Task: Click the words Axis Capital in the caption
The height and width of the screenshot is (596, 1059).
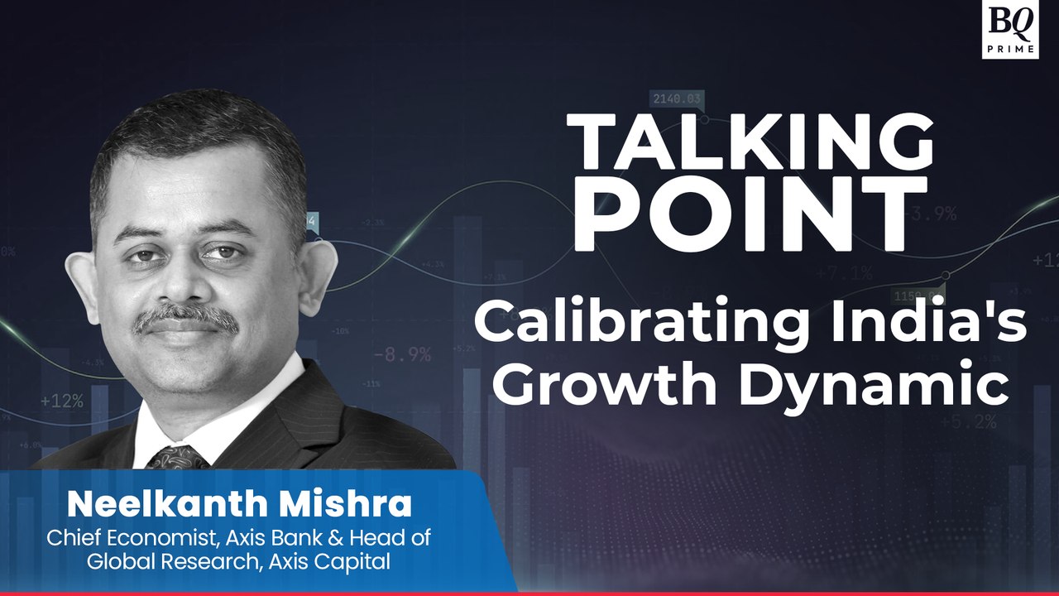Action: tap(340, 561)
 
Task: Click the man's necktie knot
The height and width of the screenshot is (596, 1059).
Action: tap(176, 457)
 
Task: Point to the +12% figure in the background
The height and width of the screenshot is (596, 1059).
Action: tap(61, 401)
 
